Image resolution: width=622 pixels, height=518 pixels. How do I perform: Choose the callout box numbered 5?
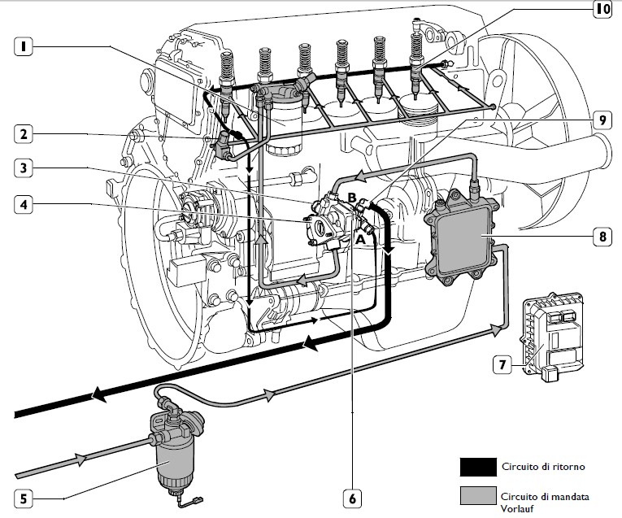click(x=24, y=498)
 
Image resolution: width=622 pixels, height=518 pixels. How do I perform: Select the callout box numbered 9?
click(x=601, y=120)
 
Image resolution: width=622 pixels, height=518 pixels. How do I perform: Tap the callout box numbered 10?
click(x=601, y=10)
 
